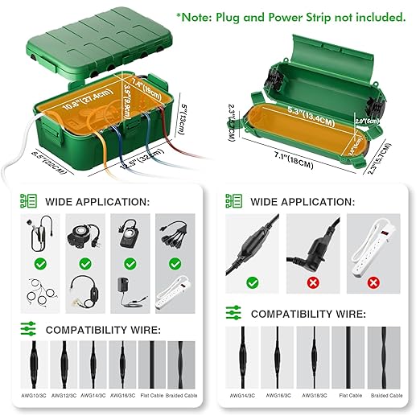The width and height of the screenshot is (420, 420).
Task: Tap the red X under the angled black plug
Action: tap(311, 282)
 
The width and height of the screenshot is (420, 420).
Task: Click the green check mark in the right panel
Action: tap(253, 282)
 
